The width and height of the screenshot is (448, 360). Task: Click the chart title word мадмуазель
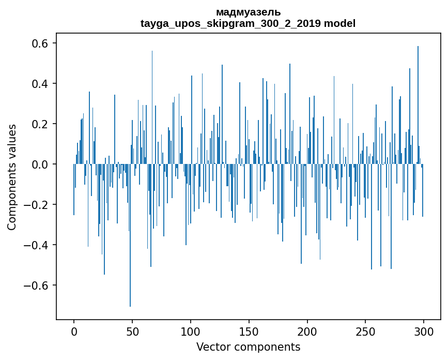pyautogui.click(x=248, y=12)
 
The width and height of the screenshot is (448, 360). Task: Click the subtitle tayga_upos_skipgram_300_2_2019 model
pyautogui.click(x=248, y=23)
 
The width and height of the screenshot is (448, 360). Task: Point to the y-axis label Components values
pyautogui.click(x=12, y=177)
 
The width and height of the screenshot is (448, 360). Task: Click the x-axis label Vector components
pyautogui.click(x=248, y=347)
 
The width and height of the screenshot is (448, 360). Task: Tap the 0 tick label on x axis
pyautogui.click(x=74, y=331)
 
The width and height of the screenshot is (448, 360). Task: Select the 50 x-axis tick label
pyautogui.click(x=132, y=331)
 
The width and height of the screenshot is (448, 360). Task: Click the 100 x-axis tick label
pyautogui.click(x=191, y=331)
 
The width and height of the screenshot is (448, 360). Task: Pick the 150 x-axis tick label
pyautogui.click(x=249, y=331)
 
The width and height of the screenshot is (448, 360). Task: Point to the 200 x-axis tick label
pyautogui.click(x=307, y=331)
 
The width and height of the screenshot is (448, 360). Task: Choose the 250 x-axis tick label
pyautogui.click(x=366, y=331)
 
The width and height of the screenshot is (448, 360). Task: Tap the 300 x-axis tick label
pyautogui.click(x=424, y=331)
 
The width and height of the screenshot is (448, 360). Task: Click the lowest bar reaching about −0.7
pyautogui.click(x=130, y=259)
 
